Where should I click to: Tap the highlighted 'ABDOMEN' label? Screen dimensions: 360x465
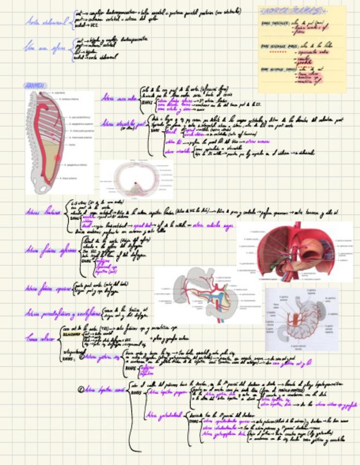[x=36, y=86]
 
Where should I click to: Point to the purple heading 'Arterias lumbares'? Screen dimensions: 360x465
[x=44, y=211]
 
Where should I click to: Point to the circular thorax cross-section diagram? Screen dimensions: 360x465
[x=136, y=178]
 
